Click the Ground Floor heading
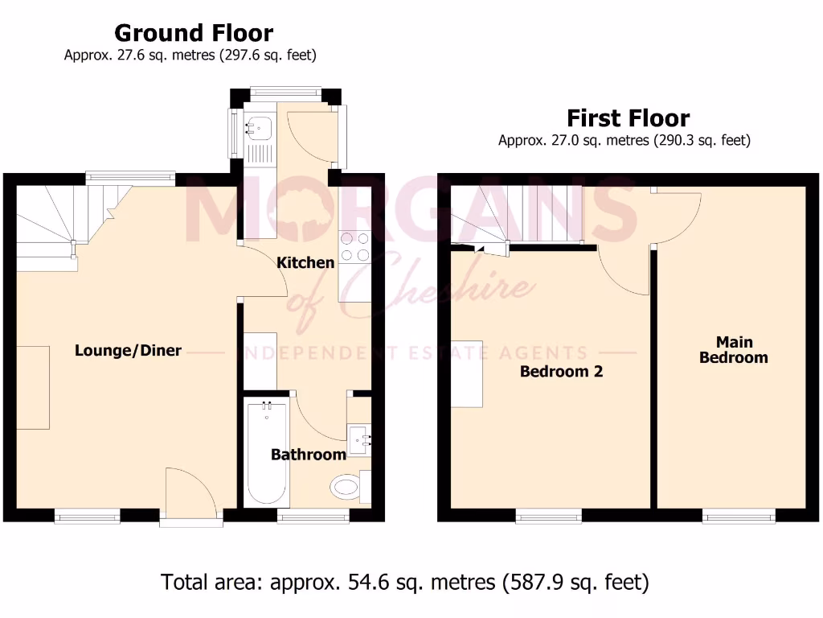tap(194, 33)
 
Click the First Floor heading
tap(628, 118)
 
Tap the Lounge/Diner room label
tap(128, 350)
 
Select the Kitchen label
tap(305, 262)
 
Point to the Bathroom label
tap(308, 455)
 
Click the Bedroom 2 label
tap(561, 371)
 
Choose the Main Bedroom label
tap(733, 350)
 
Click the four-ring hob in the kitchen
tap(354, 246)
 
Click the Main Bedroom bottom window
tap(738, 516)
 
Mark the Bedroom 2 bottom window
tap(548, 516)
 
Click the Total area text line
tap(405, 582)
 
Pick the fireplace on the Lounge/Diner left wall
tap(33, 387)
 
